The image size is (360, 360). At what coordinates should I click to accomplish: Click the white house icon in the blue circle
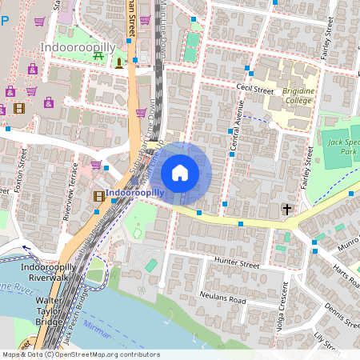pos(180,172)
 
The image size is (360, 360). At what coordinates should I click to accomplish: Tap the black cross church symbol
pos(286,210)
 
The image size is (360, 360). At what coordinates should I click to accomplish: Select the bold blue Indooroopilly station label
pos(134,193)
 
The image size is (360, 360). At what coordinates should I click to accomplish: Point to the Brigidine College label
pos(298,96)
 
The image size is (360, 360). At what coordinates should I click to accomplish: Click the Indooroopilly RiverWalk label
pos(48,272)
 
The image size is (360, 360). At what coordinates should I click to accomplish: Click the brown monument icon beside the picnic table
pos(119,62)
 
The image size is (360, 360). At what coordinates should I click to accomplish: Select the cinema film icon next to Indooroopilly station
pos(99,195)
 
